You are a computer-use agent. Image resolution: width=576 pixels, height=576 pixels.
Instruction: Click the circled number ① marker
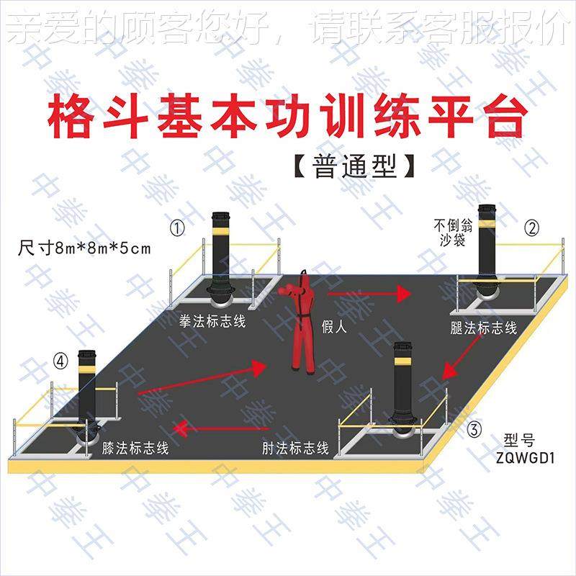177,228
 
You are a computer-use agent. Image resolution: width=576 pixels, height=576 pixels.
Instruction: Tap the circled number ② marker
531,228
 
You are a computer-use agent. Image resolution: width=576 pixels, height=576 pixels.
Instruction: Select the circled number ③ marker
474,431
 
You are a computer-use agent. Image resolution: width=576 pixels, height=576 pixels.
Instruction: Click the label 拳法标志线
212,321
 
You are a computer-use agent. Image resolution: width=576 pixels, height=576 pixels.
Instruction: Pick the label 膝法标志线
135,449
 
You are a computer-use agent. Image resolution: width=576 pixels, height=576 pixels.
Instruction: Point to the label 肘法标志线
295,449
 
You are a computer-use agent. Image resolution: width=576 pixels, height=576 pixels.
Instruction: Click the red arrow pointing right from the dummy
367,294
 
